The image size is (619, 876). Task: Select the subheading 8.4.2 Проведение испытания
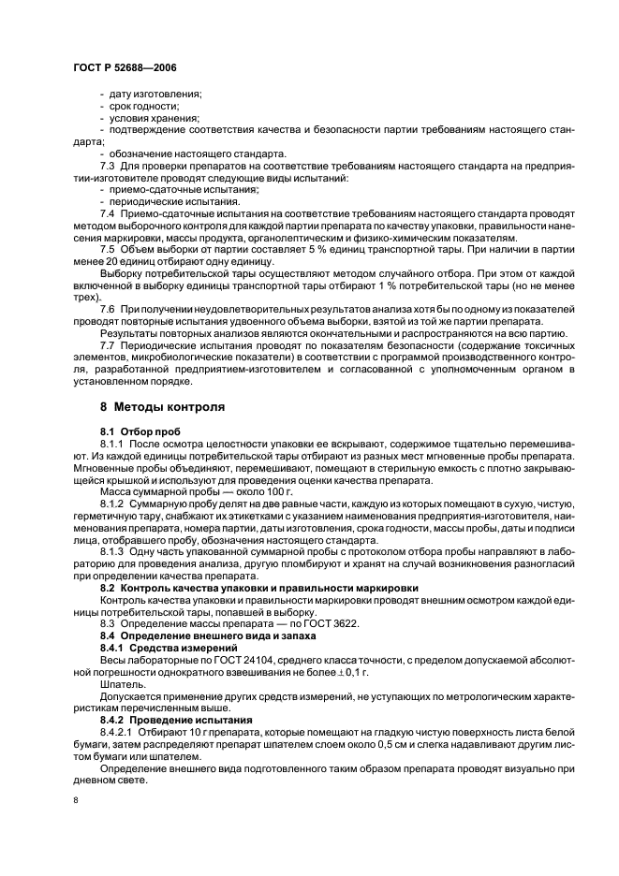(168, 722)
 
